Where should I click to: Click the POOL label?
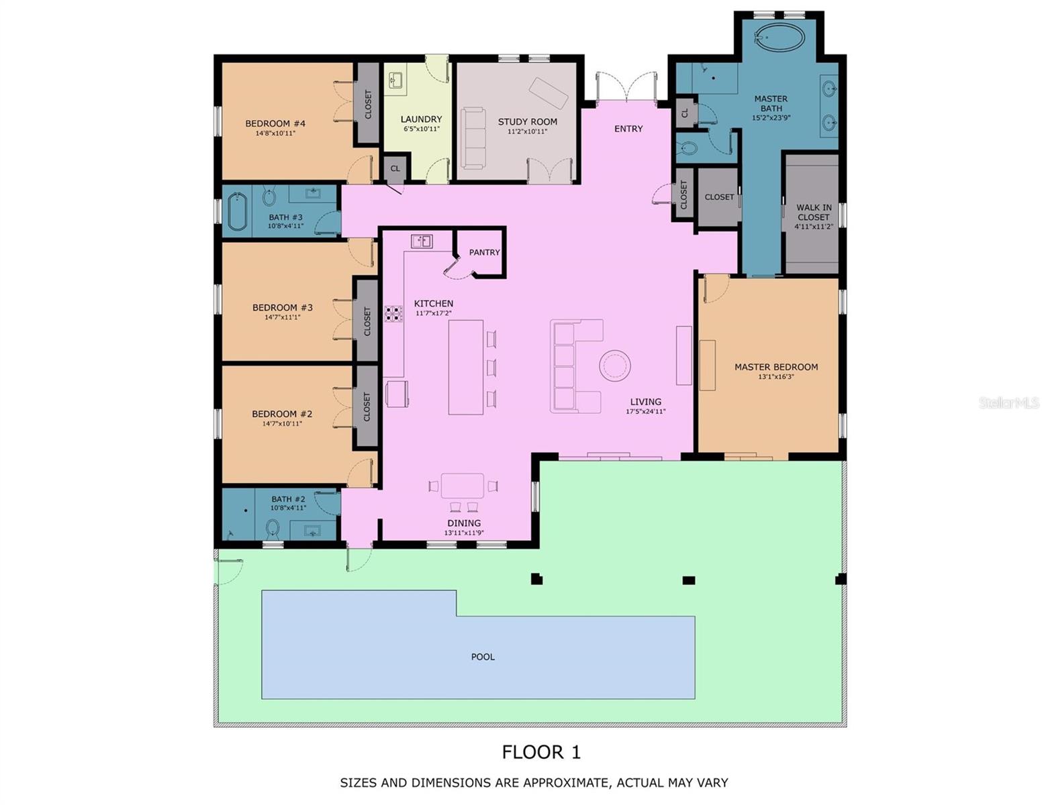(x=482, y=657)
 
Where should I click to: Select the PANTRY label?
(x=484, y=252)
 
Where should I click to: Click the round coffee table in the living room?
(x=614, y=366)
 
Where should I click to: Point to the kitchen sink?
(x=422, y=241)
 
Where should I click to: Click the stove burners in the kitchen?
(x=393, y=313)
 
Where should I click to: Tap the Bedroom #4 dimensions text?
(x=275, y=133)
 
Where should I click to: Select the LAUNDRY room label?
(x=421, y=119)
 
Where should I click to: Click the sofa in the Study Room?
(x=473, y=138)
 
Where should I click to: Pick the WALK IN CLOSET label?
(x=813, y=213)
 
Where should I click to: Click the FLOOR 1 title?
(x=541, y=752)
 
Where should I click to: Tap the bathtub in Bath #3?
(x=236, y=211)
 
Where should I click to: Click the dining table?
(x=463, y=485)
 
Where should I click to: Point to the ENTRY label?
(x=628, y=128)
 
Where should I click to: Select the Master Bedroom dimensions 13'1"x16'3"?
(x=775, y=377)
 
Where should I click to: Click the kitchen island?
(x=466, y=367)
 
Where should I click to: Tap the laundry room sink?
(x=395, y=80)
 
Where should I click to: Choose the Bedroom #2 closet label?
(x=367, y=407)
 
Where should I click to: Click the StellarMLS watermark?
(x=1008, y=402)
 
